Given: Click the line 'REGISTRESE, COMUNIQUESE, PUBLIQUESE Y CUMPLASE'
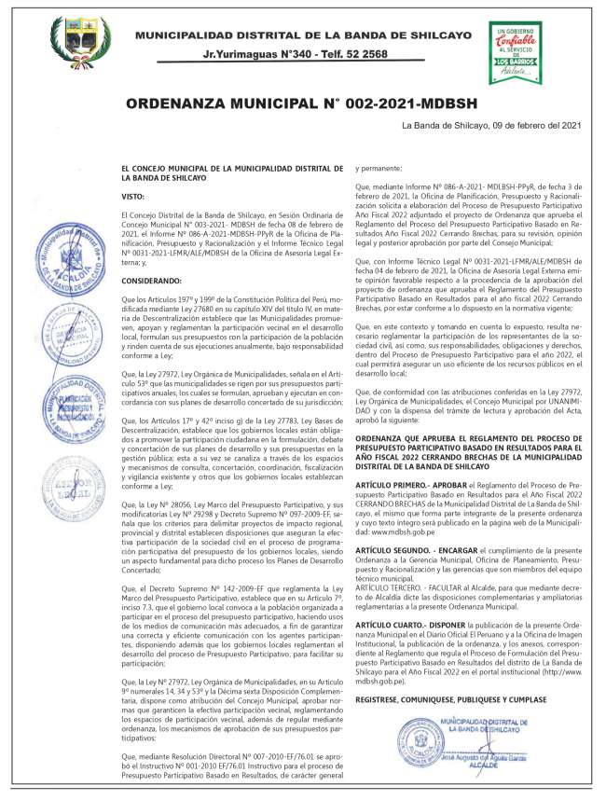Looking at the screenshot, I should [450, 672].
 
